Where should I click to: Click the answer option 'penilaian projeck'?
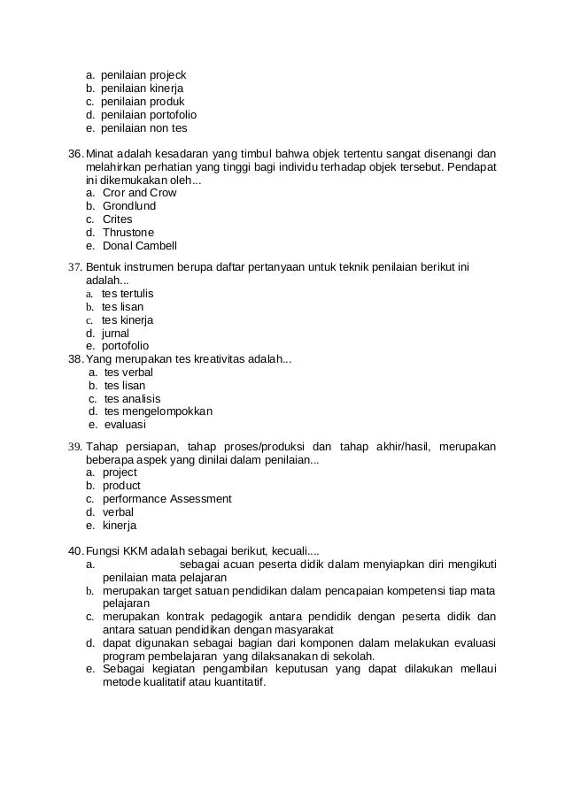pos(143,75)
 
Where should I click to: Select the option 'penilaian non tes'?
pos(143,128)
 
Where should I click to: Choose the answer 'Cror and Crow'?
pos(139,193)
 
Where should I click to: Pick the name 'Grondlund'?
pos(129,206)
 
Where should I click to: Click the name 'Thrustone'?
pos(128,233)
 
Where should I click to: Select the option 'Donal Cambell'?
pos(139,246)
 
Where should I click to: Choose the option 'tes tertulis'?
pos(128,293)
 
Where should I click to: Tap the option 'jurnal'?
pos(115,333)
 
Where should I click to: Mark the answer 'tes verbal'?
pos(128,373)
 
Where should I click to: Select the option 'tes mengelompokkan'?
pos(158,411)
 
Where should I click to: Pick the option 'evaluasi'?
pos(125,425)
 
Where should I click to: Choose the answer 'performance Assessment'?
pos(166,499)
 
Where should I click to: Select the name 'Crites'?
pos(117,219)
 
